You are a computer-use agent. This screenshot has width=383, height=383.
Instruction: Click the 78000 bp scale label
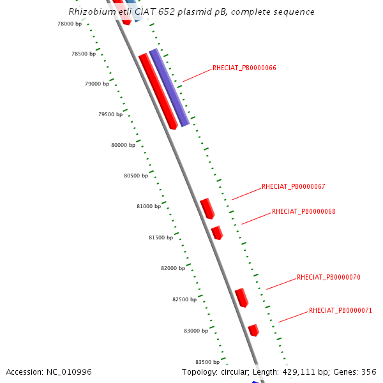[70, 24]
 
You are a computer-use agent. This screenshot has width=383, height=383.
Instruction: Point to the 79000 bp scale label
[97, 84]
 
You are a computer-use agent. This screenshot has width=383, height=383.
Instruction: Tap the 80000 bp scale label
[123, 145]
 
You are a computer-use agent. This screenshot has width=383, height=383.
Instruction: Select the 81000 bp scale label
[149, 206]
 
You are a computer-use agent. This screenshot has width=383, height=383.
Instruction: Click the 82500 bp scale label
[185, 299]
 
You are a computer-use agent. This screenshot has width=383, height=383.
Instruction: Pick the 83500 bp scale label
[207, 362]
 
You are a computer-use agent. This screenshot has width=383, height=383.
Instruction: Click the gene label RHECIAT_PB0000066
[244, 68]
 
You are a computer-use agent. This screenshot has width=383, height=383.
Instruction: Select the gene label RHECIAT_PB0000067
[294, 187]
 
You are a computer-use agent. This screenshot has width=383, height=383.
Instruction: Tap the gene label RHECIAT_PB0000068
[304, 211]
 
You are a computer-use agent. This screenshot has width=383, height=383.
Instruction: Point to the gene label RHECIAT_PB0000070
[329, 278]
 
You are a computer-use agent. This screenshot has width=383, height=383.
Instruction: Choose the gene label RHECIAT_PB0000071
[341, 310]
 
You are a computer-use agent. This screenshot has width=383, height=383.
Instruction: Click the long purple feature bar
[169, 87]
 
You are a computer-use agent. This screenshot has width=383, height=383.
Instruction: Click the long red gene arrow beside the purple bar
[158, 91]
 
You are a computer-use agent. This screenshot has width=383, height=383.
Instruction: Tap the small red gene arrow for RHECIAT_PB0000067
[207, 208]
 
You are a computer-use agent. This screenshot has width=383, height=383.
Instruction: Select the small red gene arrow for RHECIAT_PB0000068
[217, 232]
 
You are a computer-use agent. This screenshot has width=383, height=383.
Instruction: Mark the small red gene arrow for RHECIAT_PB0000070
[241, 297]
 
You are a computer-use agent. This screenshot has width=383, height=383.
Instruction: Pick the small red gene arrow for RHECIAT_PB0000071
[253, 330]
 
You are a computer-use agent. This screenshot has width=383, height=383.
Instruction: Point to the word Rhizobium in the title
[89, 12]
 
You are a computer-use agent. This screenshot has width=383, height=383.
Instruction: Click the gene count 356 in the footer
[369, 372]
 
